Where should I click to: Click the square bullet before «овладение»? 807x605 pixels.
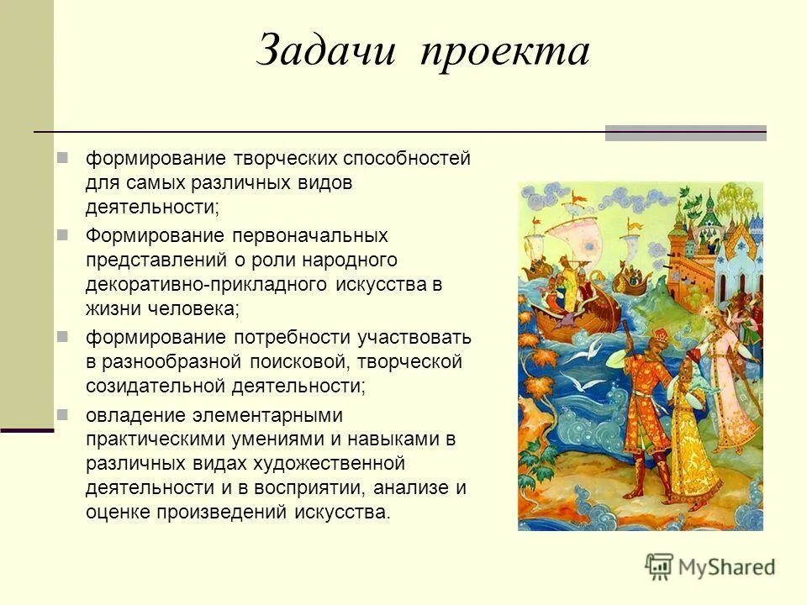click(62, 415)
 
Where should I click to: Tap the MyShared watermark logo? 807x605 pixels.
click(710, 566)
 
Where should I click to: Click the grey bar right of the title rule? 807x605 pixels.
click(685, 132)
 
